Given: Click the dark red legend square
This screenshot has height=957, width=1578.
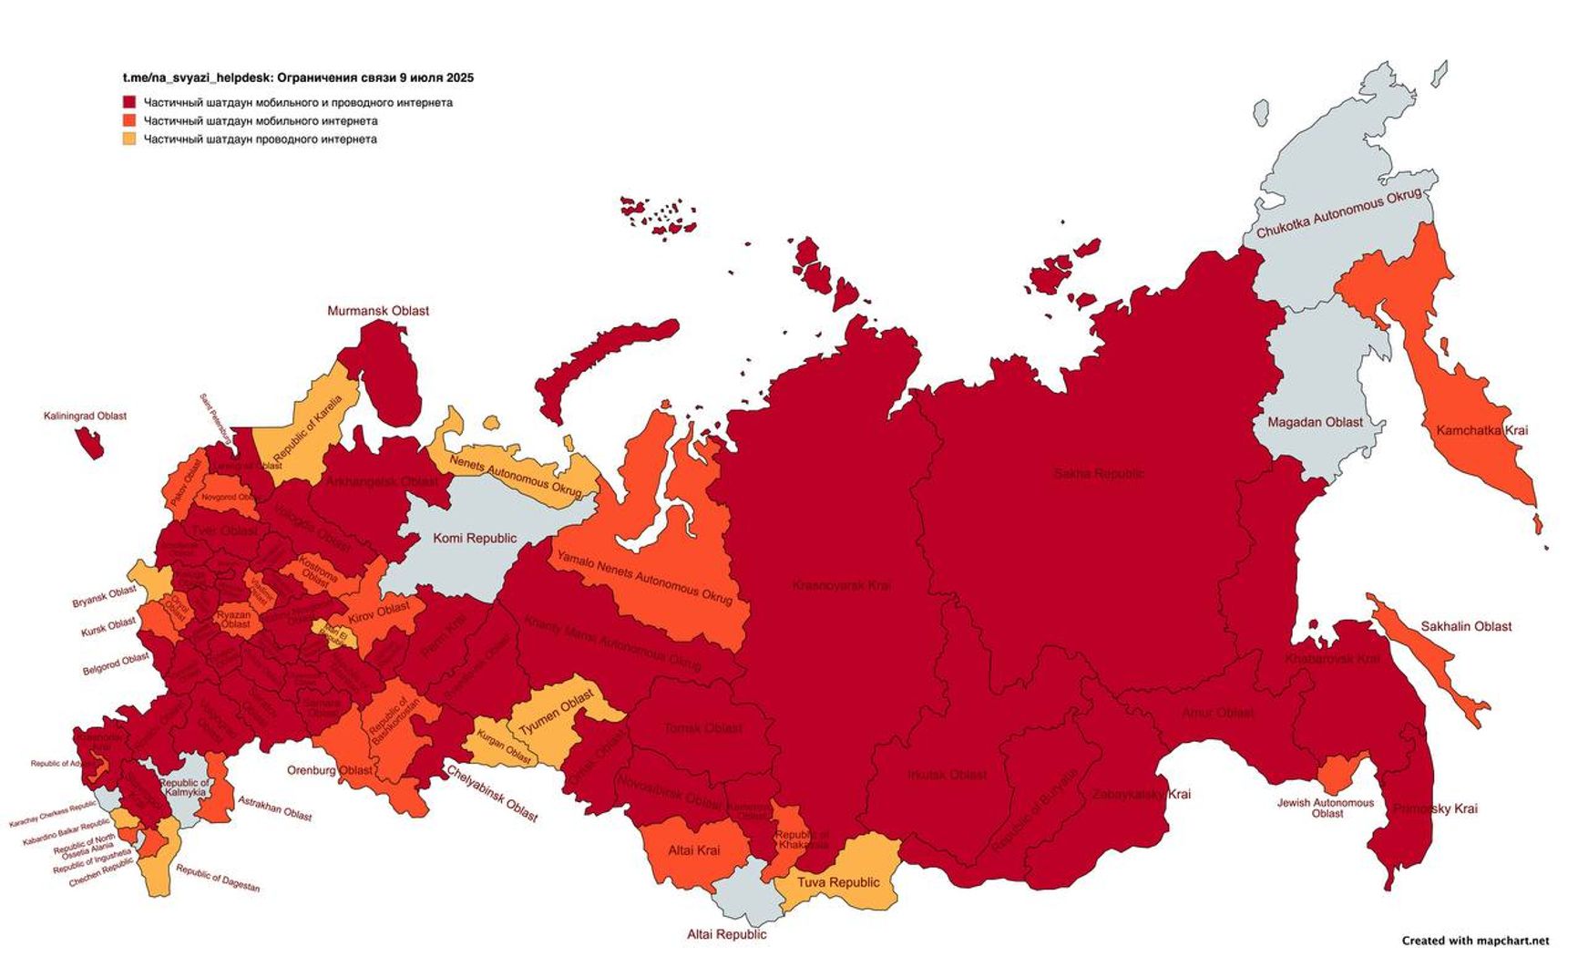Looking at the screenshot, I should click(x=129, y=103).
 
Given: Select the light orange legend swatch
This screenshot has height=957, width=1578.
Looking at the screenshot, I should click(x=129, y=139).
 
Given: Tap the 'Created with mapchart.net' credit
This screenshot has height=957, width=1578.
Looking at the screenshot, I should click(x=1474, y=941).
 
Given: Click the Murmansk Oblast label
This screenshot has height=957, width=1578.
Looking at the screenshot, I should click(x=378, y=311).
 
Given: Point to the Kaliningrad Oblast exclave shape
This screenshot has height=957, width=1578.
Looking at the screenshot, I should click(x=89, y=443).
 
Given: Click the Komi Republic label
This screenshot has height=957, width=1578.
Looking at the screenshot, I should click(x=475, y=538).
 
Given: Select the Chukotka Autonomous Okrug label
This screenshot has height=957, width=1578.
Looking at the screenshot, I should click(x=1338, y=214).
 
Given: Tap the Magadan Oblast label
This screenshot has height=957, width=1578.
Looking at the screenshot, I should click(x=1315, y=422).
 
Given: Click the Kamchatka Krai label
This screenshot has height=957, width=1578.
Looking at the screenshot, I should click(x=1481, y=430).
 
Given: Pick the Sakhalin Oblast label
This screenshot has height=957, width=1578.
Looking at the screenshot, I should click(x=1466, y=626).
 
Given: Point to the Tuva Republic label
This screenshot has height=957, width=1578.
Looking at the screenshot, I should click(x=838, y=882).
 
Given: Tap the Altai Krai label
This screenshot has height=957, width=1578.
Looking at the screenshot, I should click(x=693, y=850).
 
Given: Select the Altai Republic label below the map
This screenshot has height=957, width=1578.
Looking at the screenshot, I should click(x=726, y=934).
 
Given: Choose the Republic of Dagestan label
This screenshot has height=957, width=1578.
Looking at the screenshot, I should click(x=218, y=879).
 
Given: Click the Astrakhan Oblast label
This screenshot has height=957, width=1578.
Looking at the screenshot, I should click(x=274, y=808).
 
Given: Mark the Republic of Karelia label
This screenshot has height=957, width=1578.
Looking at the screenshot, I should click(x=308, y=427).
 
